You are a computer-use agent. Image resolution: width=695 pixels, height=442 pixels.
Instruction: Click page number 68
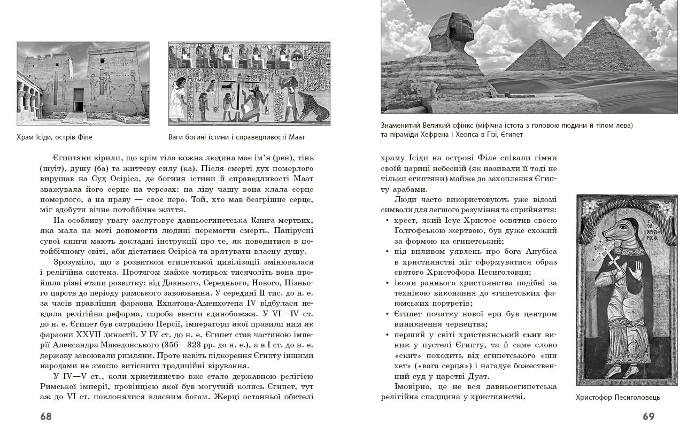(x=46, y=416)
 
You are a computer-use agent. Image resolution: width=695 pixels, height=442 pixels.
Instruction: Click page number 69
(x=648, y=416)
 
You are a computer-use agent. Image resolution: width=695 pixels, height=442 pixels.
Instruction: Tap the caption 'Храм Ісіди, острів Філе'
(x=55, y=137)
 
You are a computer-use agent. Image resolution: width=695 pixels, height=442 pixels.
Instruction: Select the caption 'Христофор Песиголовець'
(x=618, y=398)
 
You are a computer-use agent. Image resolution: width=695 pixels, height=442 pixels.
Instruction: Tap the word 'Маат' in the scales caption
(x=296, y=137)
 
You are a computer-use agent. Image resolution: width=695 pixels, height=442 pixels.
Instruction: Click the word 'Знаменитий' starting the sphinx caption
(x=400, y=126)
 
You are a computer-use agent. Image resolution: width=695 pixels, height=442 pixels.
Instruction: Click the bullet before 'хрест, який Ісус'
(x=387, y=220)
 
